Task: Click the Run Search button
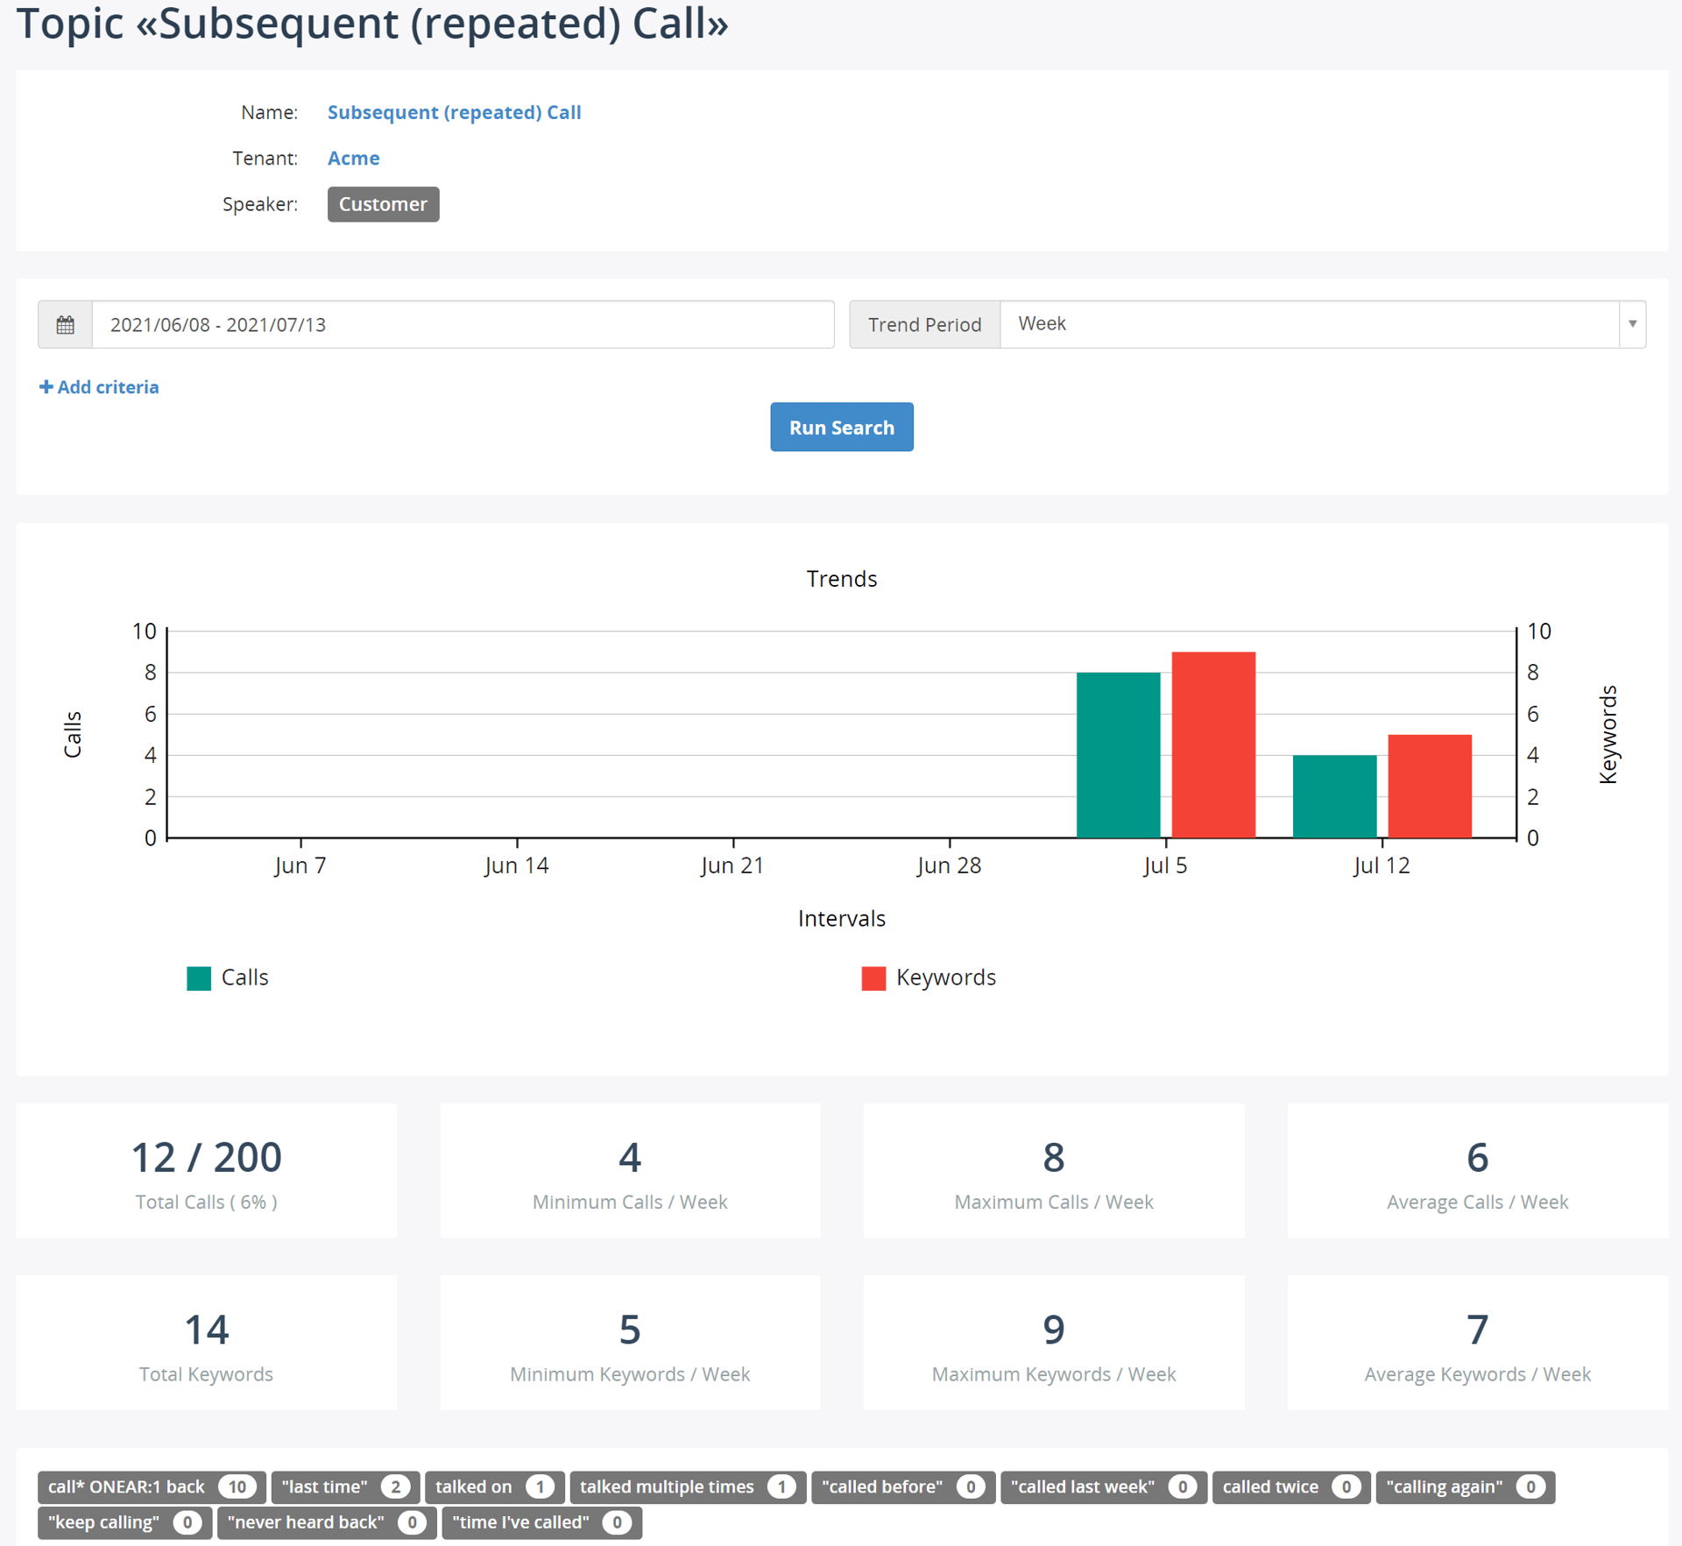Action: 841,427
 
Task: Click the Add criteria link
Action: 99,387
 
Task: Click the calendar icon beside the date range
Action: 65,325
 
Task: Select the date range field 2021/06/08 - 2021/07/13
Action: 463,325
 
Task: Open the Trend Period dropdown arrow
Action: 1632,324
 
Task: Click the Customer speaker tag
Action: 383,204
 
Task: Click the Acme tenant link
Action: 353,159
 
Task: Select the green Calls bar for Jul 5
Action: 1118,755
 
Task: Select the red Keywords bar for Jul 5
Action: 1213,745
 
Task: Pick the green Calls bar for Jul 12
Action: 1334,796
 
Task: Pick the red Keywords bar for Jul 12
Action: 1430,786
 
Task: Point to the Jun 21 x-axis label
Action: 732,865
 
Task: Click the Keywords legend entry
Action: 929,978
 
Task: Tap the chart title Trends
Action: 841,579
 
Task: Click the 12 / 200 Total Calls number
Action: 206,1157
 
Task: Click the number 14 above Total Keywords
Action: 206,1330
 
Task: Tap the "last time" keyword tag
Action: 345,1486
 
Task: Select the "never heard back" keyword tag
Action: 326,1522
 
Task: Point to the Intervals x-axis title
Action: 841,919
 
